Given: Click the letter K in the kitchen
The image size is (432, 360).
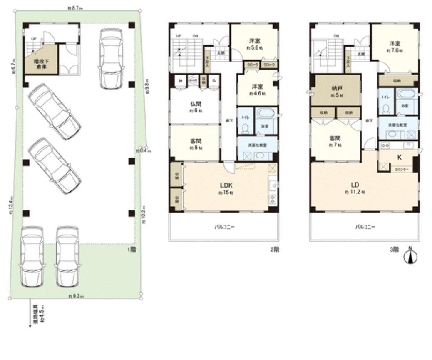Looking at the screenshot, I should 399,157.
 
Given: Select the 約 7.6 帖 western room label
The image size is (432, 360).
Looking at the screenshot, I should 394,46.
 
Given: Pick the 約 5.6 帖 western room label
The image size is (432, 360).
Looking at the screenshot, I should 255,44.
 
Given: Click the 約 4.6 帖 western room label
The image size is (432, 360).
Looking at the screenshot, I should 256,90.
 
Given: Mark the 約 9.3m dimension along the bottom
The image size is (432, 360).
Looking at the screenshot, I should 75,296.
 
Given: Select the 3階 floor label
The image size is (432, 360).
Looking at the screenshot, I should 394,250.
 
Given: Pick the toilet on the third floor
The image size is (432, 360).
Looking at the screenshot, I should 385,109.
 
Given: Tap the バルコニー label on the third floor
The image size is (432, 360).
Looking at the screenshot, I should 365,227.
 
